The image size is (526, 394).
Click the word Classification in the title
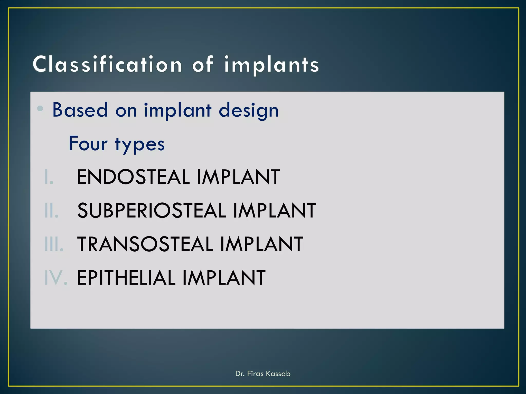(x=107, y=64)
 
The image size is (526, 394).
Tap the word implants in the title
(x=271, y=65)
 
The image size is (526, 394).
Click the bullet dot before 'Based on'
(x=40, y=109)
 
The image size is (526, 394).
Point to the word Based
(x=80, y=110)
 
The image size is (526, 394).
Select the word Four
(x=88, y=144)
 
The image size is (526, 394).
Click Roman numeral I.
(x=48, y=177)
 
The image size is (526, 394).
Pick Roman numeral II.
(x=51, y=211)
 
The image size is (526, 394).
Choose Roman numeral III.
(x=54, y=244)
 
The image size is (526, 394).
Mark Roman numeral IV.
(x=56, y=278)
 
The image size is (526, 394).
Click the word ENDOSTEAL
(x=133, y=177)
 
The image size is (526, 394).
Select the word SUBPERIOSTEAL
(x=152, y=211)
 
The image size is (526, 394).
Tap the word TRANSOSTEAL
(x=145, y=244)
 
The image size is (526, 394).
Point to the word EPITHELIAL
(x=126, y=278)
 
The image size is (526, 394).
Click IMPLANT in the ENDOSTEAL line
(x=238, y=177)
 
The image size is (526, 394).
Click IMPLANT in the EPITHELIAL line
(x=224, y=278)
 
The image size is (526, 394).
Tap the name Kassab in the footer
(x=278, y=373)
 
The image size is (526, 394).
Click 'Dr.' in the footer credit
(x=240, y=373)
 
